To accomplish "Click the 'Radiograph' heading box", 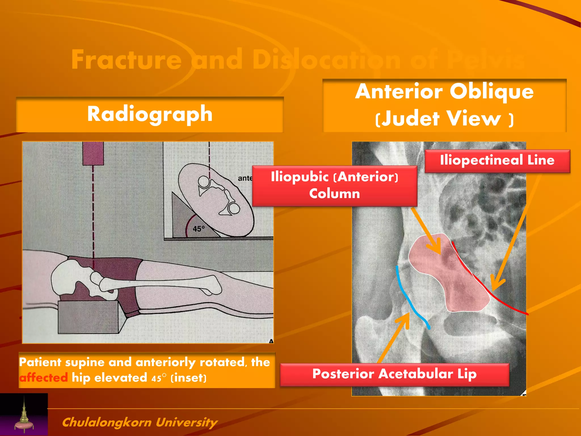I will coord(150,114).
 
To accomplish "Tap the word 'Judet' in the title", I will coord(410,118).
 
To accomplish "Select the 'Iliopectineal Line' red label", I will coord(497,160).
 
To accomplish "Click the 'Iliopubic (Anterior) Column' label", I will coord(334,185).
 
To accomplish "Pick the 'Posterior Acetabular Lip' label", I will coord(394,374).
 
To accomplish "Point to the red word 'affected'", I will coord(43,378).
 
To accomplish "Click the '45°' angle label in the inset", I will coord(199,229).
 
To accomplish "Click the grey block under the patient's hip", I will coord(88,316).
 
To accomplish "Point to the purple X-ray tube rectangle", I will coord(93,153).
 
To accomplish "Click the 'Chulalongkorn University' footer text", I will coord(140,422).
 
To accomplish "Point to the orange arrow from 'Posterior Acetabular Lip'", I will coord(394,338).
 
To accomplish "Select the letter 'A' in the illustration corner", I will coord(271,341).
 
